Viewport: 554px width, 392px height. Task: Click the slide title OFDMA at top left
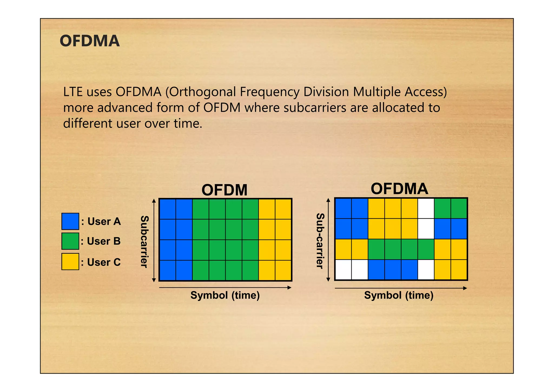tap(90, 41)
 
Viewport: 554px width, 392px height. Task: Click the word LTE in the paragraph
tap(72, 92)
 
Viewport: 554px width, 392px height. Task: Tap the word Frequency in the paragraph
tap(269, 92)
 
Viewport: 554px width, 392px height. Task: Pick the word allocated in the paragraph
tap(398, 108)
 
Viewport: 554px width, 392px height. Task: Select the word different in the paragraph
tap(88, 123)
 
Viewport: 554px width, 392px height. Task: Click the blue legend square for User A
tap(70, 221)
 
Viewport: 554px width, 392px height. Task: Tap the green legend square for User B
tap(70, 241)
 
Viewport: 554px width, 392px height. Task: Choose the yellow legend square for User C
tap(70, 262)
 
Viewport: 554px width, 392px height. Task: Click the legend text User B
tap(104, 241)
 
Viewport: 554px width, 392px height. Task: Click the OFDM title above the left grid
tap(224, 190)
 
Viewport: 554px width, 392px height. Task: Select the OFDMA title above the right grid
tap(399, 189)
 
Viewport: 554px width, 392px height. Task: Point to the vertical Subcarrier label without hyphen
tap(144, 241)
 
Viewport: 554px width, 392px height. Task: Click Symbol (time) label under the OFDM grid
tap(225, 295)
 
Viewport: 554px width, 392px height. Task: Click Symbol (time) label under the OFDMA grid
tap(399, 295)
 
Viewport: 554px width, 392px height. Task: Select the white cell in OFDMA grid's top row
tap(426, 208)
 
